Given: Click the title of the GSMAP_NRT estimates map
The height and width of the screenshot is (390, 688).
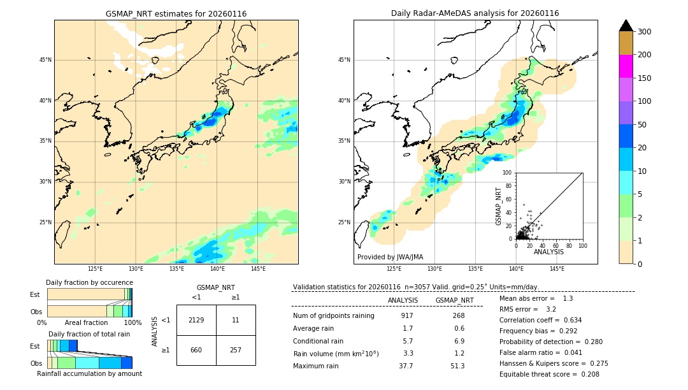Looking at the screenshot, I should [176, 13].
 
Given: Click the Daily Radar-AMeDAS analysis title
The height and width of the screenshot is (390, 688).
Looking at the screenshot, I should [475, 13].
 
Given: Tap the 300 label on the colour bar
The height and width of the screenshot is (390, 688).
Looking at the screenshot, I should [645, 32].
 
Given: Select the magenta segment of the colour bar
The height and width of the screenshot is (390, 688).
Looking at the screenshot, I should [626, 66].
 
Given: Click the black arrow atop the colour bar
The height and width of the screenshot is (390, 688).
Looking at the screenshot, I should [626, 25].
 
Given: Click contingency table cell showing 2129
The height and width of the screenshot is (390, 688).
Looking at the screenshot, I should [196, 320].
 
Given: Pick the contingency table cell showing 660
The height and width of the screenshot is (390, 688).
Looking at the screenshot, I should [196, 350].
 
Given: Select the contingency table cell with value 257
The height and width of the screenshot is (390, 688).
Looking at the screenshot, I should [236, 350].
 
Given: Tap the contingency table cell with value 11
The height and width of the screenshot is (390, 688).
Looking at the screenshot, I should [236, 320].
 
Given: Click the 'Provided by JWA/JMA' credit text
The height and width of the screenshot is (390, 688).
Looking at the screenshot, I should [390, 257].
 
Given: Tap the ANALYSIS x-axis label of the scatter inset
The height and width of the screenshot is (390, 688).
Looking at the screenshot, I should [548, 252].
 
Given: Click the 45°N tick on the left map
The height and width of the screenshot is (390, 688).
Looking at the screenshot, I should [45, 60].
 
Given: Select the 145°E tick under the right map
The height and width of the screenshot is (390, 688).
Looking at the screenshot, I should [557, 269].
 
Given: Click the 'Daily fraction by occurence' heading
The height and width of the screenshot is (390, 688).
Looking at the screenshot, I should [89, 282].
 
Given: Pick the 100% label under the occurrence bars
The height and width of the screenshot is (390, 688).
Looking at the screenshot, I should [133, 322].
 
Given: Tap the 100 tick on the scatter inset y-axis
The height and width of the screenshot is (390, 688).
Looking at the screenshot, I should [508, 172].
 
